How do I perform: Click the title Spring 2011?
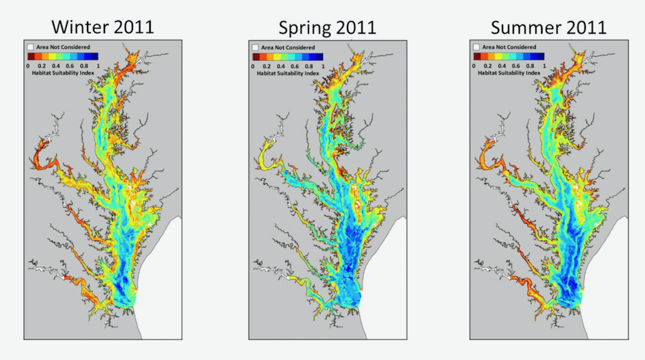tap(327, 27)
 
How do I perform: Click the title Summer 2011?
tap(549, 27)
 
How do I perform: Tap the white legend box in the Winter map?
tap(31, 48)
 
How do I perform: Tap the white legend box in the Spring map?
tap(255, 48)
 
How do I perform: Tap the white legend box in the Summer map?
tap(477, 48)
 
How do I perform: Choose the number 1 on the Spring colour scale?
tap(323, 66)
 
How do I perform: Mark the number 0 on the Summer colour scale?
tap(473, 66)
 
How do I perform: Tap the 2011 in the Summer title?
tap(585, 27)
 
